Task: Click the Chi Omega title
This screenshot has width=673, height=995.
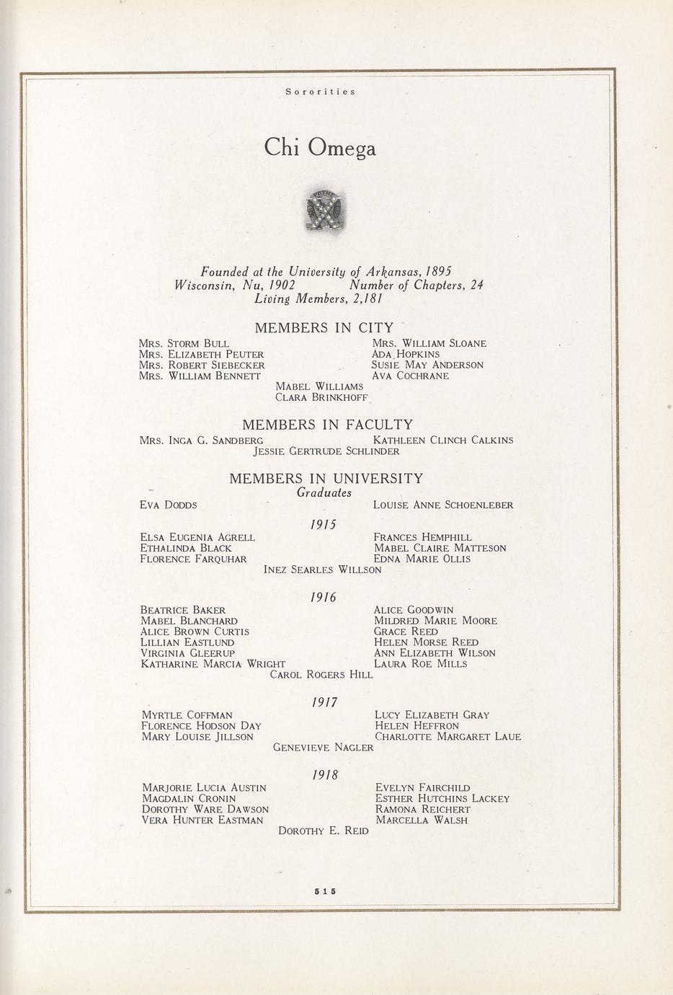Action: [x=320, y=148]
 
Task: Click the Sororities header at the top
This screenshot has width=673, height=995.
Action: [x=320, y=92]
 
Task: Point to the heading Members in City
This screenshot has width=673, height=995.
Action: [x=324, y=328]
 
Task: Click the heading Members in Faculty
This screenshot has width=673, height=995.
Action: [x=327, y=425]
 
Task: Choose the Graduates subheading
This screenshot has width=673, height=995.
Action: [x=324, y=493]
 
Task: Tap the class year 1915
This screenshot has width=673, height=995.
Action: [x=324, y=525]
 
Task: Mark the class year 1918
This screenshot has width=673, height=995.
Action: [x=325, y=775]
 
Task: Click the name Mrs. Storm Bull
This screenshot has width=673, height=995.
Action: [x=184, y=344]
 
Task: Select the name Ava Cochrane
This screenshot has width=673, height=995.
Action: [x=410, y=376]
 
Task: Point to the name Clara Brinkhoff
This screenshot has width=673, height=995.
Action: [x=321, y=397]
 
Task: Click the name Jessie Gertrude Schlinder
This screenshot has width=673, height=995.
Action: [x=326, y=451]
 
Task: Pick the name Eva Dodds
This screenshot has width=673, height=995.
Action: [x=168, y=505]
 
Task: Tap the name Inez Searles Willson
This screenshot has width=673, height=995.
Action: [x=322, y=570]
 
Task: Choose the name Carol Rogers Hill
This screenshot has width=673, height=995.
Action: [x=321, y=675]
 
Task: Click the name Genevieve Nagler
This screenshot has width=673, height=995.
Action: [x=324, y=748]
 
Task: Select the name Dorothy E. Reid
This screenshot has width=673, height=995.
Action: [x=324, y=831]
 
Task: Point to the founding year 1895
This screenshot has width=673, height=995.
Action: [x=438, y=272]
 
